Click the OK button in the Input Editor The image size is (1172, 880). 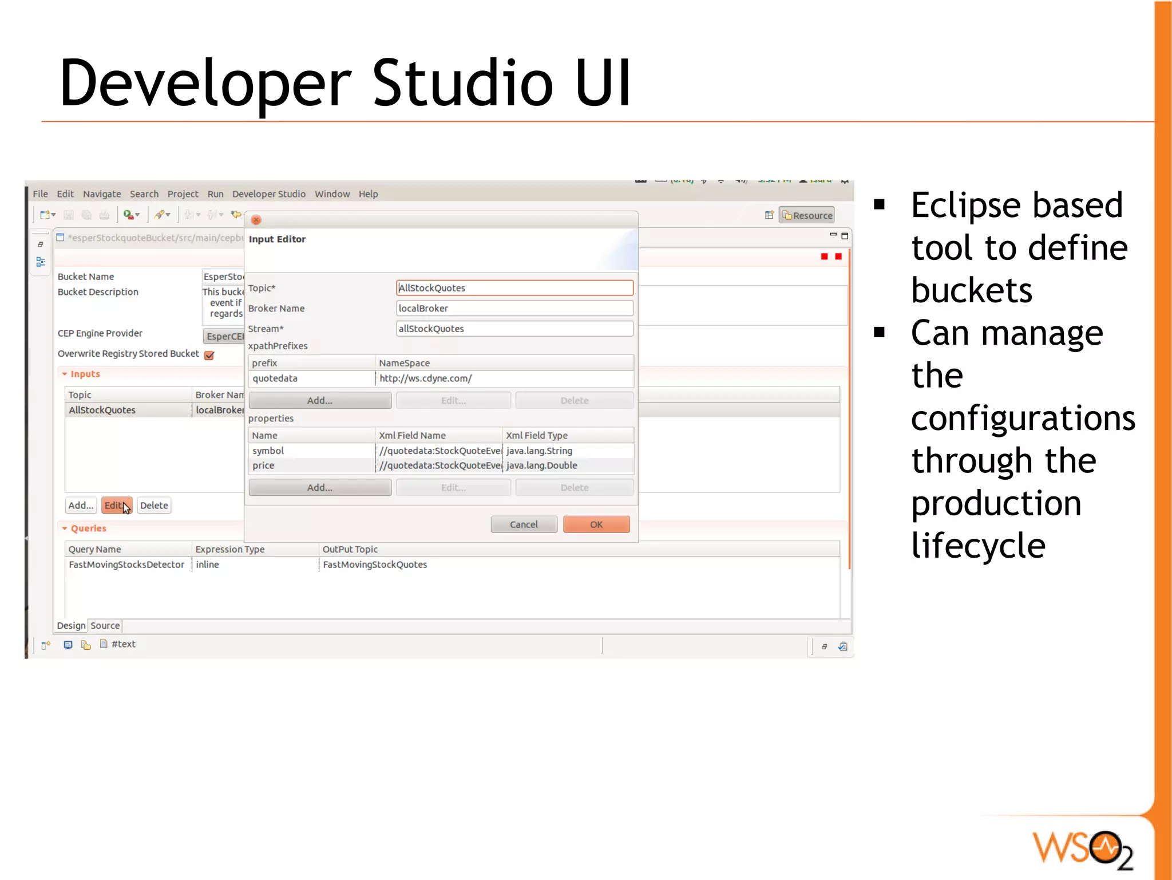pos(596,524)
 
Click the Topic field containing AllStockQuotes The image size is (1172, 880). pos(514,288)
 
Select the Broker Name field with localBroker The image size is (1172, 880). pos(514,309)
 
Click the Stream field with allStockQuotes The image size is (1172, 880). pos(514,329)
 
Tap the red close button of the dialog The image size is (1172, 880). pos(256,220)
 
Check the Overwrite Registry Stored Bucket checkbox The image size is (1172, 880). pos(209,356)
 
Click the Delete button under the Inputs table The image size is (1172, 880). pos(154,506)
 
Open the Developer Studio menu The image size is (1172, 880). pos(268,194)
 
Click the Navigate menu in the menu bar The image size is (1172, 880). pos(102,194)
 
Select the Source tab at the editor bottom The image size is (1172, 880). pos(105,626)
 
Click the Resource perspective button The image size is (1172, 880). pos(807,215)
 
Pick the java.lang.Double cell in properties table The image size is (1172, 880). pos(541,465)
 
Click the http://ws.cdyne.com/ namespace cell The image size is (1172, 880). pos(426,378)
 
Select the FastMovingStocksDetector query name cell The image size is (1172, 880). pos(126,565)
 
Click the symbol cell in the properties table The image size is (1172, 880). pos(268,451)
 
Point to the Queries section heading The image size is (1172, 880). pos(88,528)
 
